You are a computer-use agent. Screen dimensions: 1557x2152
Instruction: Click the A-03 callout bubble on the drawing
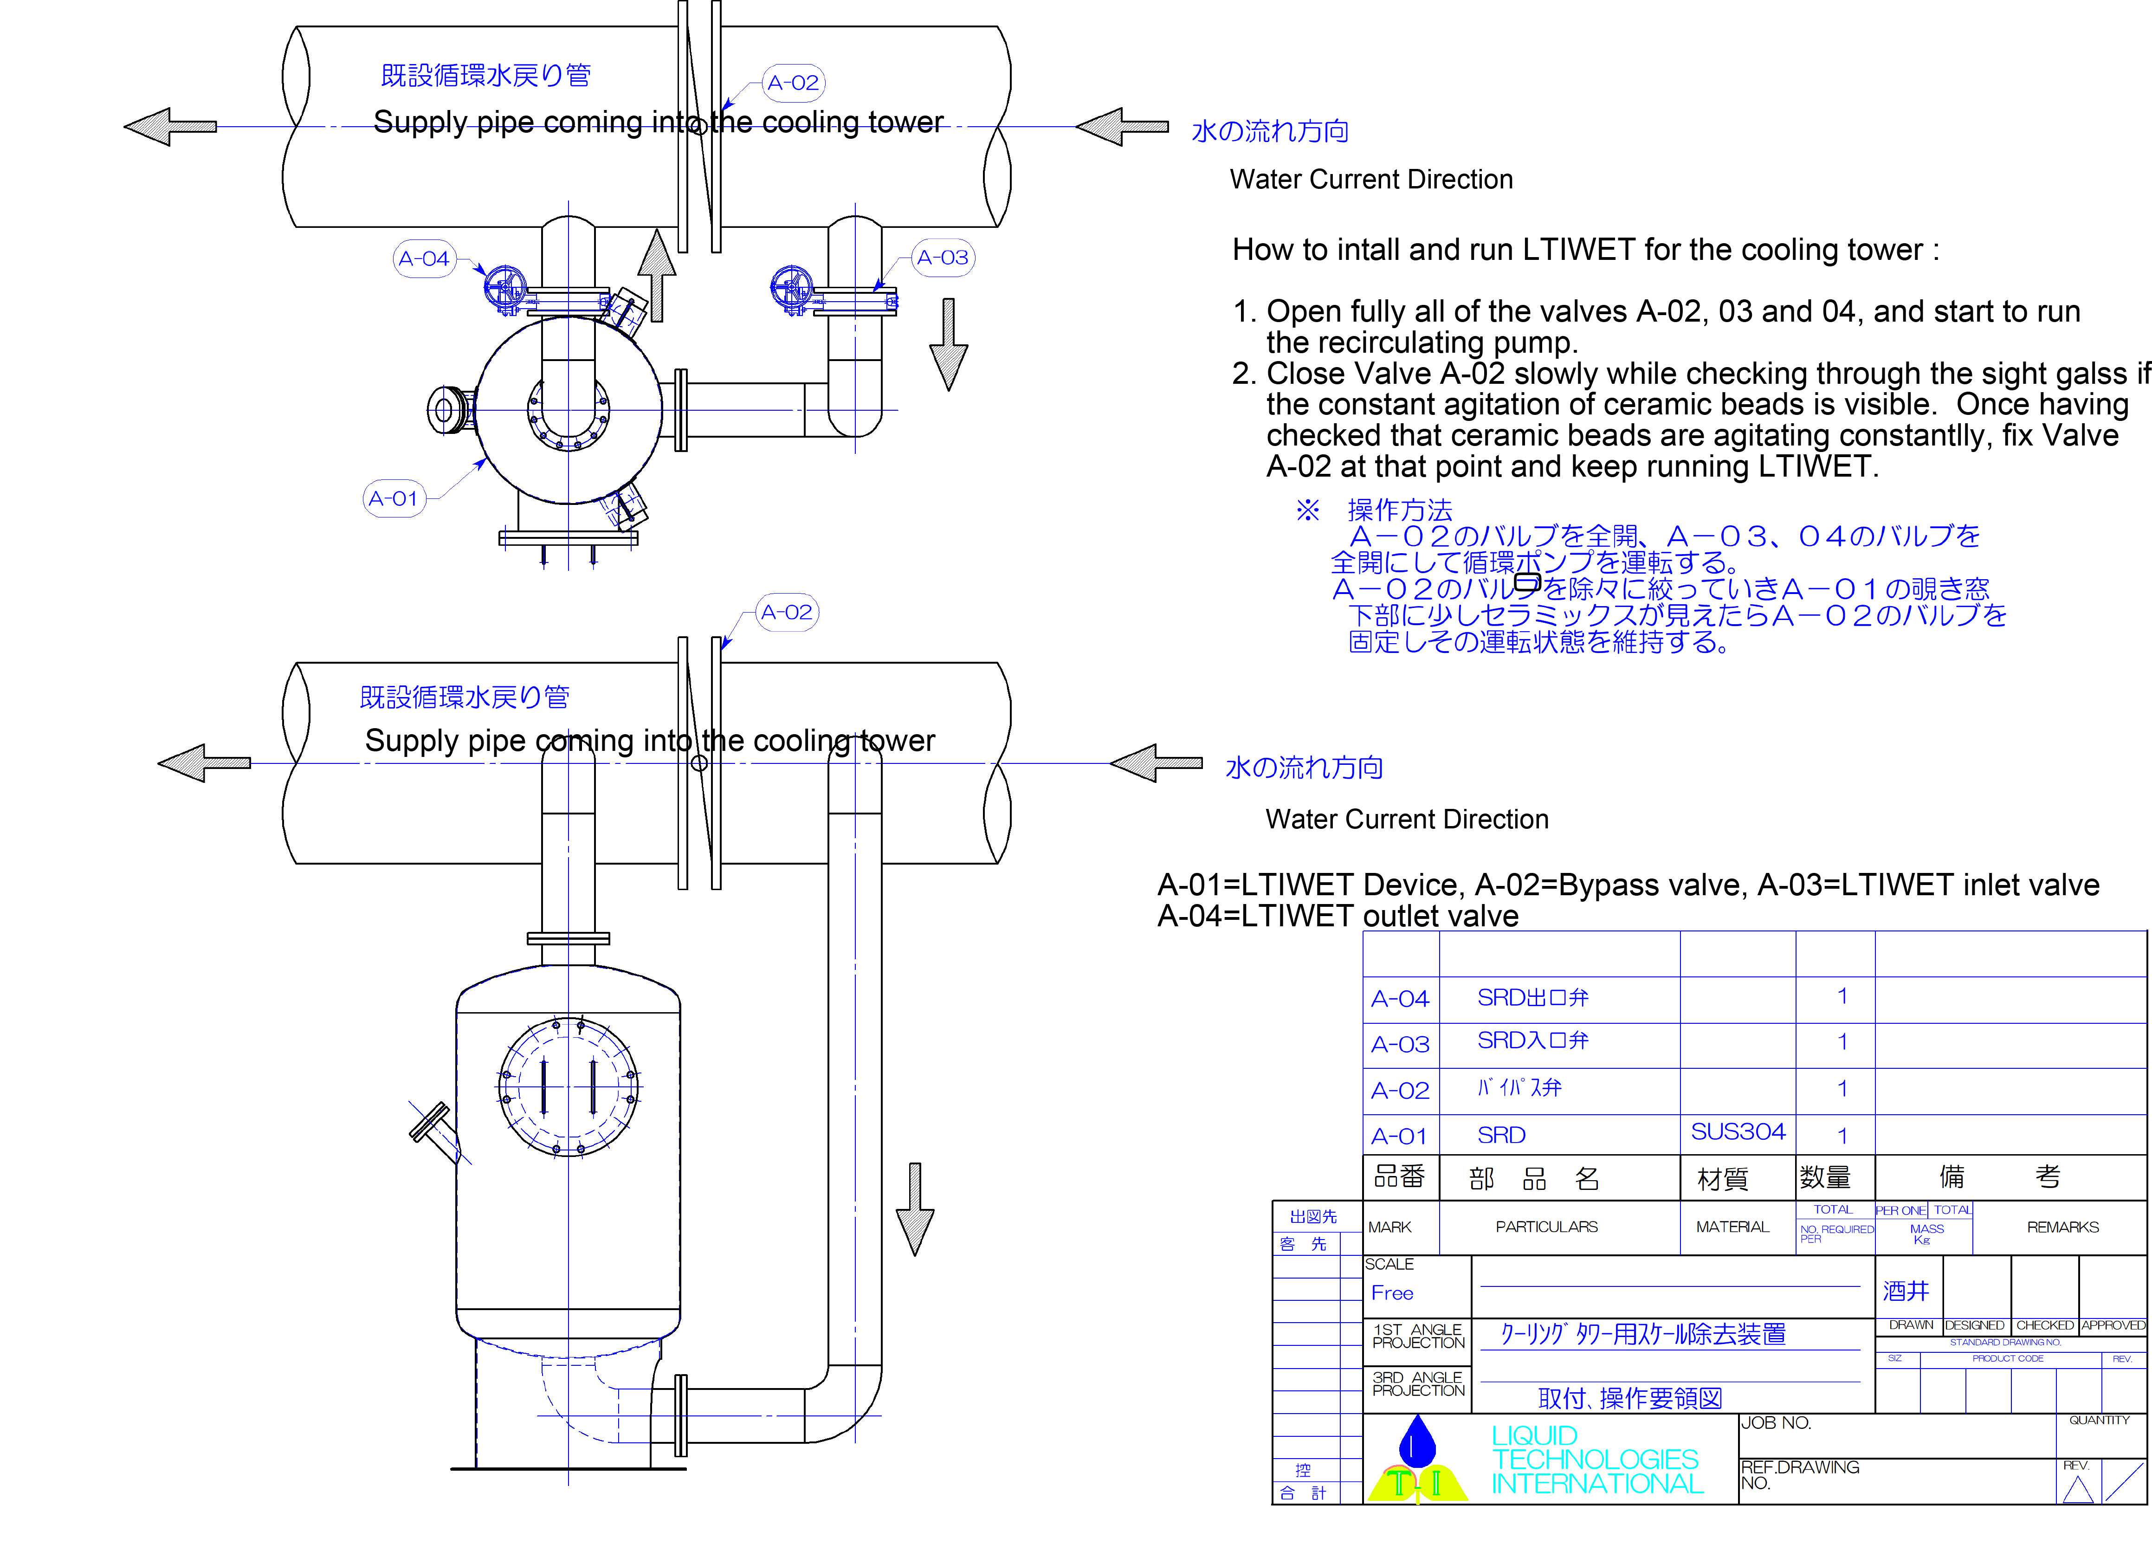click(x=942, y=257)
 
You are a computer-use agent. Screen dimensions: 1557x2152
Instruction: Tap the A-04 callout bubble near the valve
click(x=423, y=258)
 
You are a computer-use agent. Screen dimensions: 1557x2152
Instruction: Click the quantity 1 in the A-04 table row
click(x=1842, y=996)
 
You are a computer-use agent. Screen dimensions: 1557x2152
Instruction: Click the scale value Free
click(x=1392, y=1293)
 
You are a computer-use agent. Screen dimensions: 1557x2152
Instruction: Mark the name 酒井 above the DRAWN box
click(x=1905, y=1292)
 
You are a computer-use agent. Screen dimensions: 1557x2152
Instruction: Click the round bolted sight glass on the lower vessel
click(x=569, y=1087)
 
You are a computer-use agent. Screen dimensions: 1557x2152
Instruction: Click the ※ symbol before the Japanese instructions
click(x=1307, y=510)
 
